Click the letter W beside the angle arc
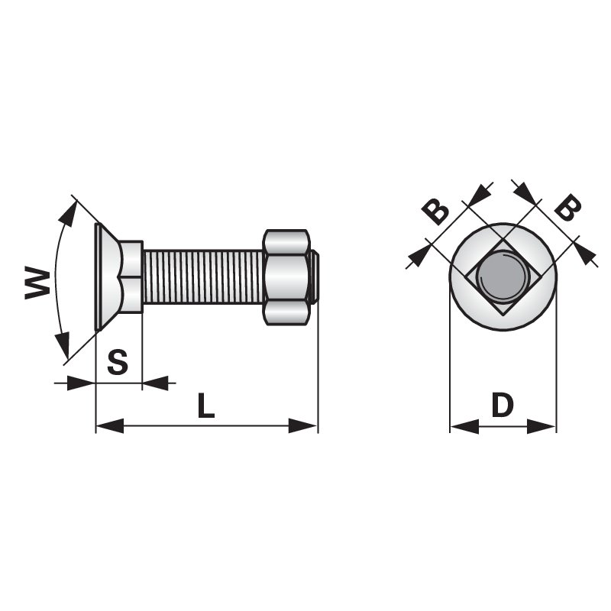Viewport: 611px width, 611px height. click(37, 283)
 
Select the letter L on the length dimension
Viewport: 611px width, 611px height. click(205, 406)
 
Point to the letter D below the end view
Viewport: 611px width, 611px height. click(502, 406)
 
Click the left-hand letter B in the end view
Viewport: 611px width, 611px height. click(436, 211)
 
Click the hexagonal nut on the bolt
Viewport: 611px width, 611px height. click(287, 276)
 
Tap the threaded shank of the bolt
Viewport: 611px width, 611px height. click(202, 276)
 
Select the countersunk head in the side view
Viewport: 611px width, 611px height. click(108, 276)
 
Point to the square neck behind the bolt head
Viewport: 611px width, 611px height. click(132, 276)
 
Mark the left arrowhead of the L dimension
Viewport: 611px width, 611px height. click(108, 425)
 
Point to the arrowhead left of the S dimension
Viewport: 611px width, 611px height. click(82, 383)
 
